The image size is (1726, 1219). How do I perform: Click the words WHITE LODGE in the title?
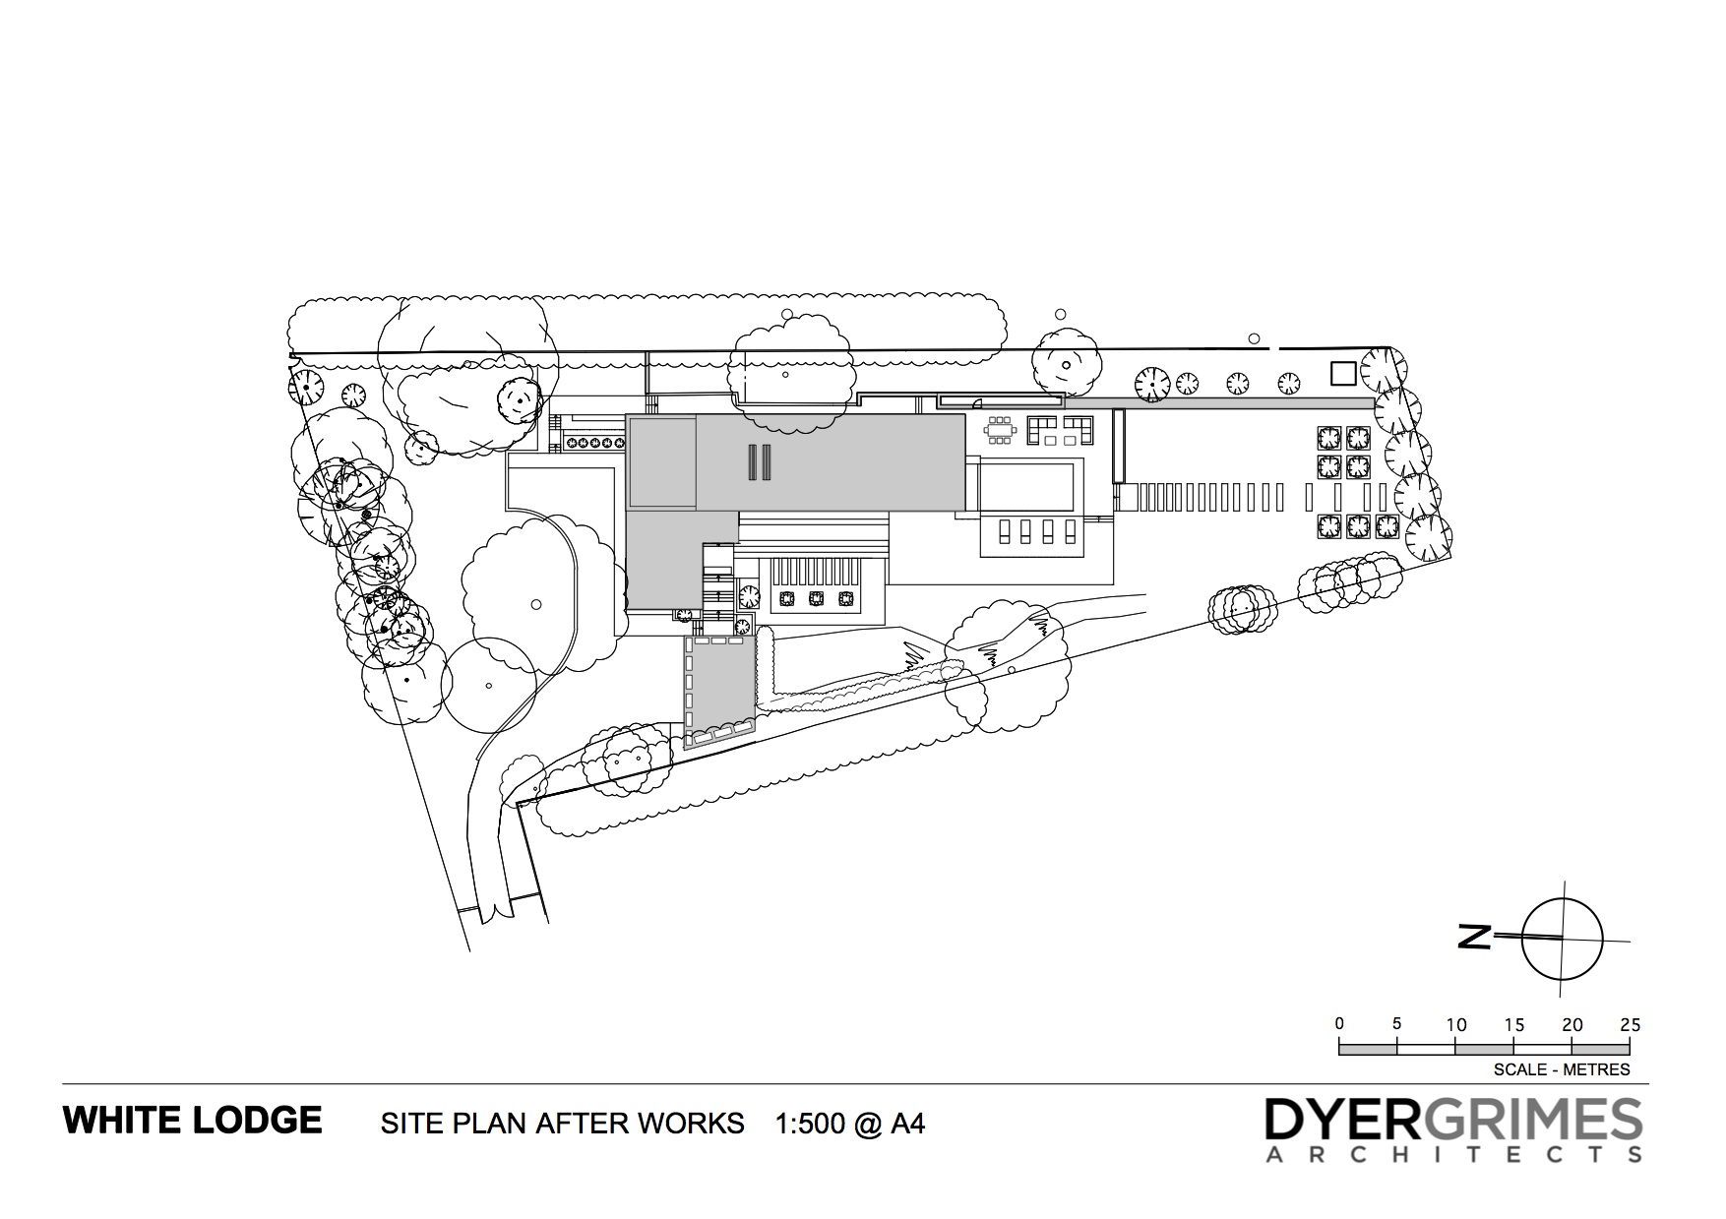pyautogui.click(x=193, y=1121)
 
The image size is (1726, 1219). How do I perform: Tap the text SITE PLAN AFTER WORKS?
pyautogui.click(x=563, y=1124)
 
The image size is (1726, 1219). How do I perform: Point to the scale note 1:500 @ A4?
pyautogui.click(x=850, y=1124)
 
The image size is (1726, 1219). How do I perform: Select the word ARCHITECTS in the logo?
pyautogui.click(x=1453, y=1154)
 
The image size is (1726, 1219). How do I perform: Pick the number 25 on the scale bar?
pyautogui.click(x=1631, y=1024)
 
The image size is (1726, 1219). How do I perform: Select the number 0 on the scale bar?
pyautogui.click(x=1339, y=1024)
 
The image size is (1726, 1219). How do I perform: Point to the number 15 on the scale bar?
pyautogui.click(x=1514, y=1024)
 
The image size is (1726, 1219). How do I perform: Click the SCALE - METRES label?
pyautogui.click(x=1562, y=1069)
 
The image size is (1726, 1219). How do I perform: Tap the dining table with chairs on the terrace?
pyautogui.click(x=1001, y=430)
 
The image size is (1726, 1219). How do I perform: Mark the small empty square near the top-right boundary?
pyautogui.click(x=1343, y=373)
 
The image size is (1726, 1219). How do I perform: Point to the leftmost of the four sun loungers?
pyautogui.click(x=1005, y=531)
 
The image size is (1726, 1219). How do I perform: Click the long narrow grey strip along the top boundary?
pyautogui.click(x=1219, y=403)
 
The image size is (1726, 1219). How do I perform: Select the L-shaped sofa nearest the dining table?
pyautogui.click(x=1042, y=429)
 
